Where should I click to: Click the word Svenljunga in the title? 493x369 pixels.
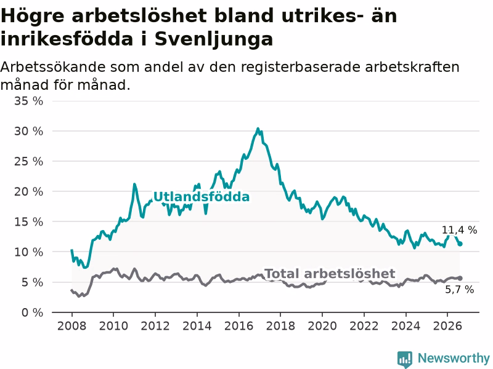[213, 40]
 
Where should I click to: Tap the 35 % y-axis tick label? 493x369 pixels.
[28, 101]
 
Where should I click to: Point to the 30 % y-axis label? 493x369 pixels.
[28, 131]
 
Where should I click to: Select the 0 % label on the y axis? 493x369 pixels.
[33, 312]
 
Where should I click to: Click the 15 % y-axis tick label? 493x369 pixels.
[28, 222]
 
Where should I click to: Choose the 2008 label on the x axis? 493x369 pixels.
[71, 326]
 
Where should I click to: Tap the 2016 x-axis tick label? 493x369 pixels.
[238, 326]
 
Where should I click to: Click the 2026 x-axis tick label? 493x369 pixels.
[447, 326]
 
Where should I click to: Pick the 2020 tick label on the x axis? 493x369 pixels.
[322, 326]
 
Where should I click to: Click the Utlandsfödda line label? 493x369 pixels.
[202, 197]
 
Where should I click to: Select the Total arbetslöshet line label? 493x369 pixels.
[330, 274]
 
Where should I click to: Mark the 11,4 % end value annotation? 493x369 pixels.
[459, 230]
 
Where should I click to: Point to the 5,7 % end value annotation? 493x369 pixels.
[459, 289]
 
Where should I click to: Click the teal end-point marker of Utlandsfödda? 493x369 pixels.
[460, 244]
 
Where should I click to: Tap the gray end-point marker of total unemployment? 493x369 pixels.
[460, 278]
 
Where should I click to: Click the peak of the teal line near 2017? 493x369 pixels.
[258, 129]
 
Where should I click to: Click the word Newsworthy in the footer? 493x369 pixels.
[454, 358]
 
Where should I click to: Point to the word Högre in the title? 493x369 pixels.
[33, 17]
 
